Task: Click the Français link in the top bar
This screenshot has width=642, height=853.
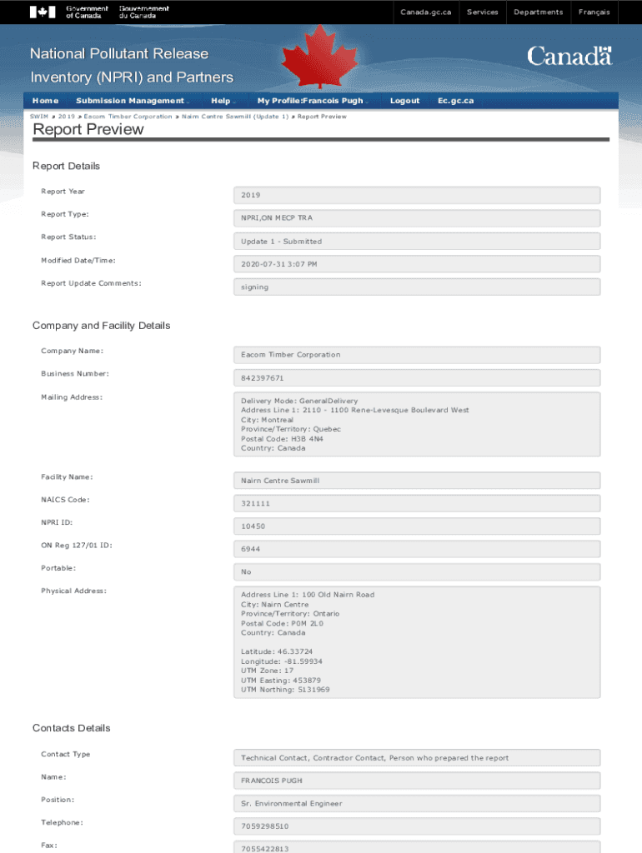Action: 594,12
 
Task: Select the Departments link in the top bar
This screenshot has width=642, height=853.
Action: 538,12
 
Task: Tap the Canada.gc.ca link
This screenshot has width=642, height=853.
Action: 425,12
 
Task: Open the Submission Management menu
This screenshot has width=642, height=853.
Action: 130,101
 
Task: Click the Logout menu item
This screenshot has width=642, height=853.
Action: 404,101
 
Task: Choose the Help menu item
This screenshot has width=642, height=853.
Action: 221,101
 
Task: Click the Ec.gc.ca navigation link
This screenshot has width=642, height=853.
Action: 455,101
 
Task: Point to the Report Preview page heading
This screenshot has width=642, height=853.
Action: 88,129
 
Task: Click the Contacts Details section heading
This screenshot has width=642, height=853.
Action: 71,728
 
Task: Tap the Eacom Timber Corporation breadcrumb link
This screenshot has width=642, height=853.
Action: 128,117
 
